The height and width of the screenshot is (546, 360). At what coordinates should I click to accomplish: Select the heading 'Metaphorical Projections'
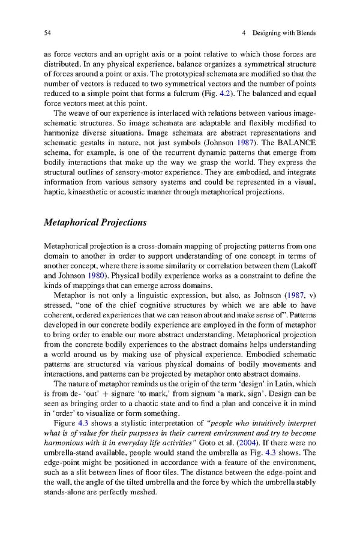[x=95, y=223]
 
